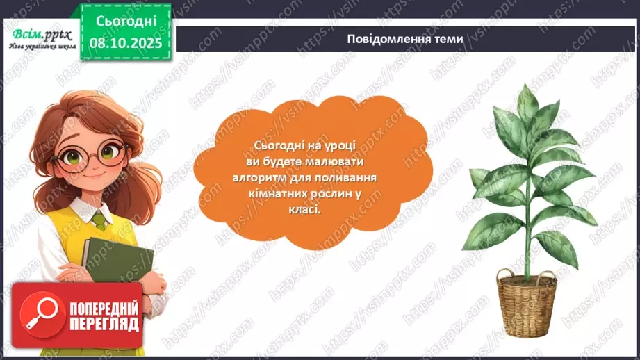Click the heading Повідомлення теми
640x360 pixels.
pyautogui.click(x=405, y=39)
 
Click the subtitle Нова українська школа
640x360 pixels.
pyautogui.click(x=39, y=47)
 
